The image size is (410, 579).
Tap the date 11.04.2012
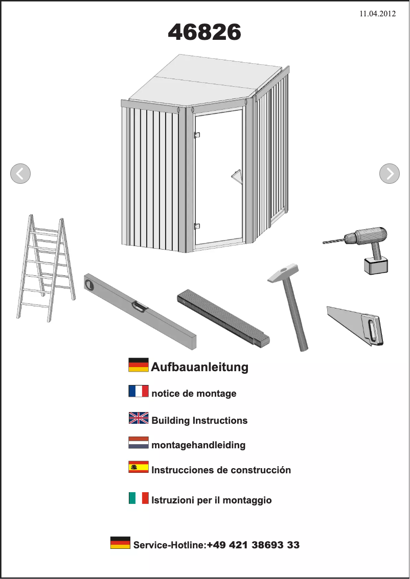377,14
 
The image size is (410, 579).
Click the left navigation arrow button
20,174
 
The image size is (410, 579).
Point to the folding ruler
223,318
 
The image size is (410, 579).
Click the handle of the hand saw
372,329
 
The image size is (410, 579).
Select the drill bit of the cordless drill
333,240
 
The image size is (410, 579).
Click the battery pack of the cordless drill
376,266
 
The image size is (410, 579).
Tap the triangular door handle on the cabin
237,176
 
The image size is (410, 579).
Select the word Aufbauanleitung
199,367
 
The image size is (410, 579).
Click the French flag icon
139,392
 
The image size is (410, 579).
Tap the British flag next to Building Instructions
139,418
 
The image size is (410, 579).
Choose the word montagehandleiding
198,445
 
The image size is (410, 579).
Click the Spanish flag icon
139,467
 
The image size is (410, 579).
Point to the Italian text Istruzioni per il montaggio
212,500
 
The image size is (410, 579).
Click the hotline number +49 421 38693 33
253,545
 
